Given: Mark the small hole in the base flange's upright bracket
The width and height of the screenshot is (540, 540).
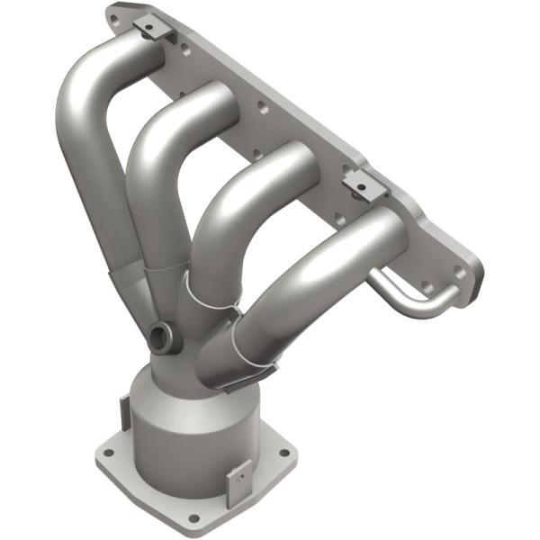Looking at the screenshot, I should pyautogui.click(x=239, y=474).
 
